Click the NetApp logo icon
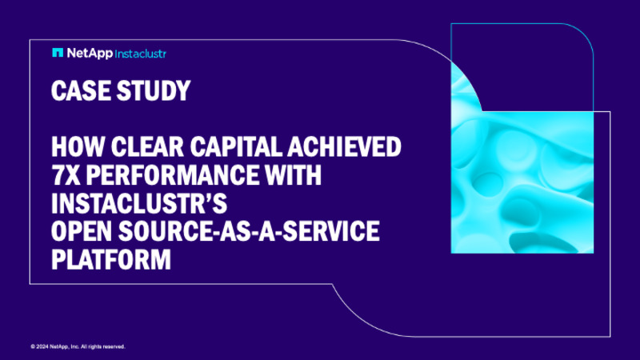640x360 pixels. point(58,53)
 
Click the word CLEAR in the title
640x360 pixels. point(134,149)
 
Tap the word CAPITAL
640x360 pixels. point(223,149)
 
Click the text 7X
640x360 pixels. point(63,172)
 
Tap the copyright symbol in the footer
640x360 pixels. point(33,346)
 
